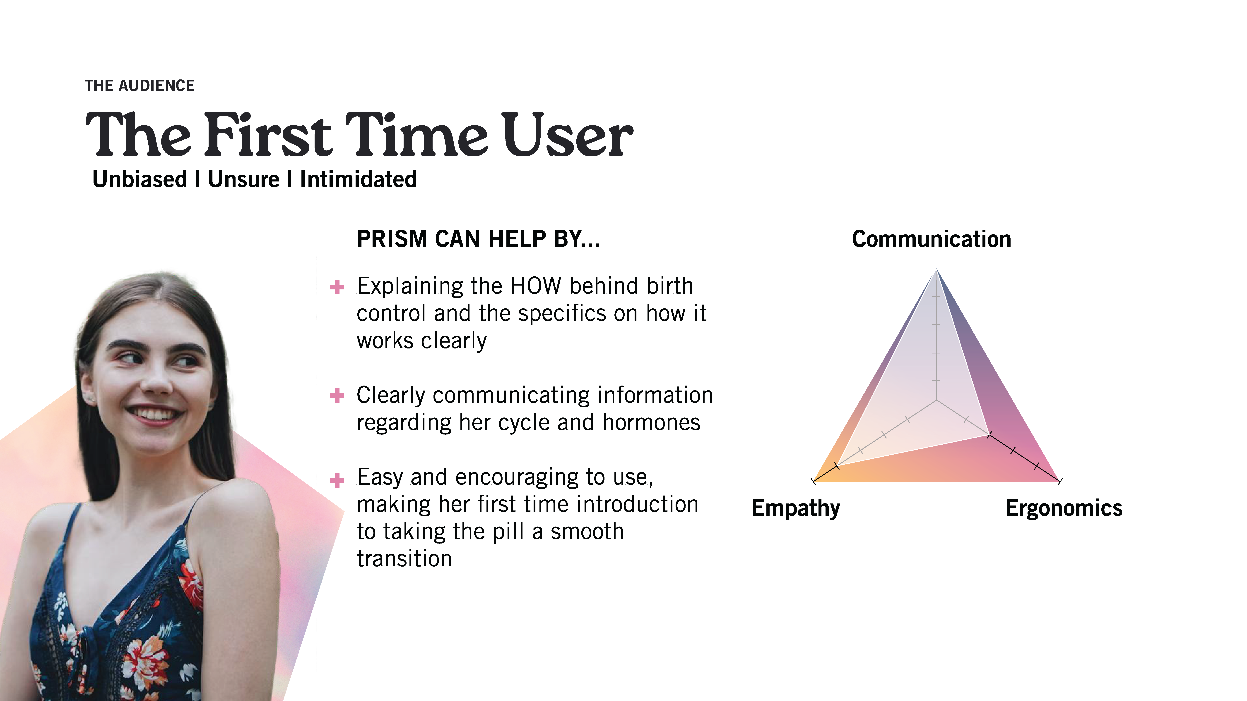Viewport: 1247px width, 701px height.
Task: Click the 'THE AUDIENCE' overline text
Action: click(139, 86)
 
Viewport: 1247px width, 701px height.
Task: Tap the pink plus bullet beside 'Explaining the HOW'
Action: click(337, 287)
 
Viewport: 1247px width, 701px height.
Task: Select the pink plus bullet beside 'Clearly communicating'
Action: click(337, 396)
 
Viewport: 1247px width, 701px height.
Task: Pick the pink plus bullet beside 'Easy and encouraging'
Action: click(337, 480)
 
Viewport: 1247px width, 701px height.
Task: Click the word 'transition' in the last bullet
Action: click(404, 559)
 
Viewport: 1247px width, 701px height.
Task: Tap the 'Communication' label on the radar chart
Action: click(931, 239)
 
